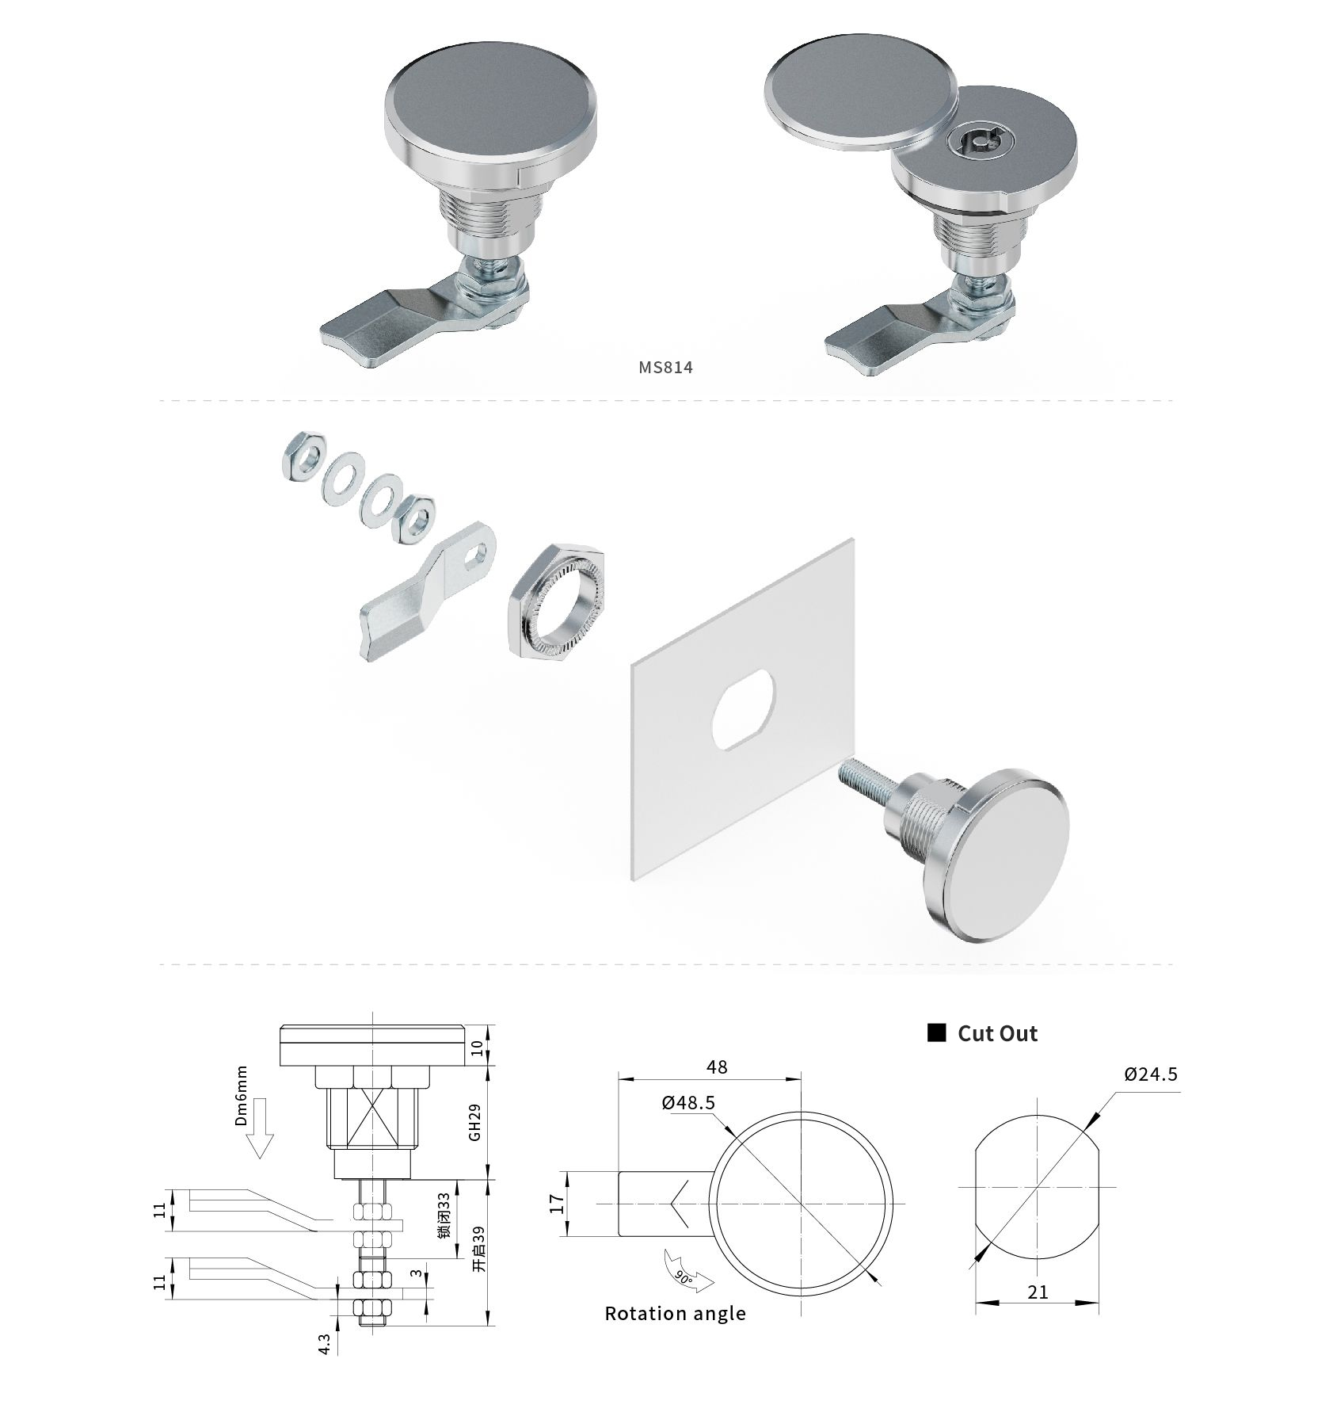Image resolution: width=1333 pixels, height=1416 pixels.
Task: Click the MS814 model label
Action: pyautogui.click(x=665, y=367)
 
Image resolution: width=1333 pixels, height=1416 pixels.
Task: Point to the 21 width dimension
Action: pyautogui.click(x=1038, y=1292)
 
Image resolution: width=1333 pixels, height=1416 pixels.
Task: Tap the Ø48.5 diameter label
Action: pyautogui.click(x=688, y=1102)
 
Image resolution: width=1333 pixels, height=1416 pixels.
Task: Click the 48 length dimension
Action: pyautogui.click(x=717, y=1067)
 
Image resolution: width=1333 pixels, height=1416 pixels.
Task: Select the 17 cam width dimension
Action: pyautogui.click(x=558, y=1204)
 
